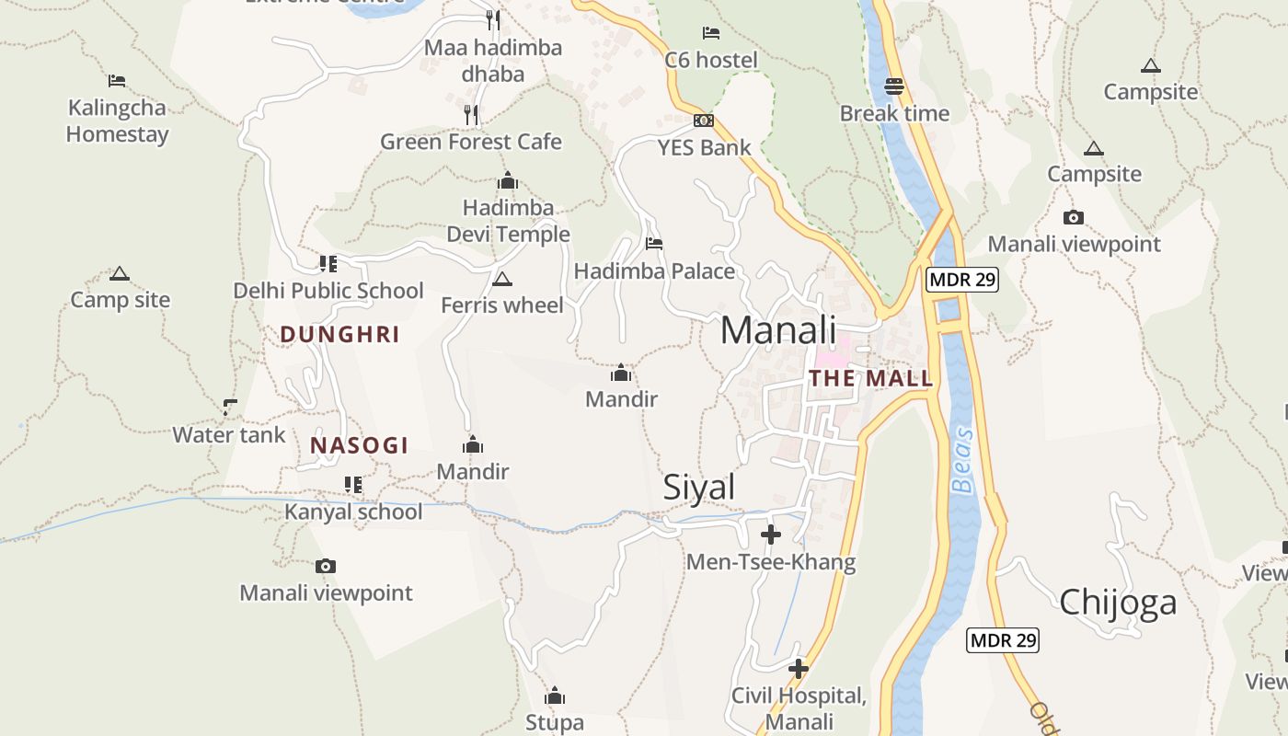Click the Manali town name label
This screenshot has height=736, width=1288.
click(x=777, y=330)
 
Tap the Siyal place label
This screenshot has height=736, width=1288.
click(x=699, y=488)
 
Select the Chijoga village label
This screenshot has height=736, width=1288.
click(x=1118, y=602)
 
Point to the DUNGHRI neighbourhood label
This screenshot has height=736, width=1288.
click(x=339, y=335)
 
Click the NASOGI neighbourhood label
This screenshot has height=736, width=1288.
click(x=359, y=446)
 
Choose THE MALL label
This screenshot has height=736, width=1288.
click(x=870, y=378)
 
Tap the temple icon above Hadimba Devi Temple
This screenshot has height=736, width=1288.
click(x=508, y=181)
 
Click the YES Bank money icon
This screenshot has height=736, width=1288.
click(x=703, y=121)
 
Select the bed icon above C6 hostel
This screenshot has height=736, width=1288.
click(x=711, y=33)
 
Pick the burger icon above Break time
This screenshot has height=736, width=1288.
click(x=894, y=86)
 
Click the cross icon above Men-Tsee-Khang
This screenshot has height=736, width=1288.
click(x=771, y=535)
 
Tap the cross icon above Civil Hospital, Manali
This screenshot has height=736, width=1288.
click(x=799, y=669)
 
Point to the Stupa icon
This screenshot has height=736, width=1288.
click(x=554, y=696)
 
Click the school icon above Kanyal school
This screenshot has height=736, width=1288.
click(x=353, y=484)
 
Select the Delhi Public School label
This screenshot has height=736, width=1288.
click(x=328, y=291)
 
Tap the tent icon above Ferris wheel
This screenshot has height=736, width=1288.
click(x=501, y=279)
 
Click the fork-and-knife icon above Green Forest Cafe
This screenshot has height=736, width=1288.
click(x=471, y=114)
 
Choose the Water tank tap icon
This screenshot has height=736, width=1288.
click(x=229, y=407)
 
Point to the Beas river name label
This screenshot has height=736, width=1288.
click(x=963, y=460)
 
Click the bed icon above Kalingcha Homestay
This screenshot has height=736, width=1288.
click(x=117, y=81)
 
